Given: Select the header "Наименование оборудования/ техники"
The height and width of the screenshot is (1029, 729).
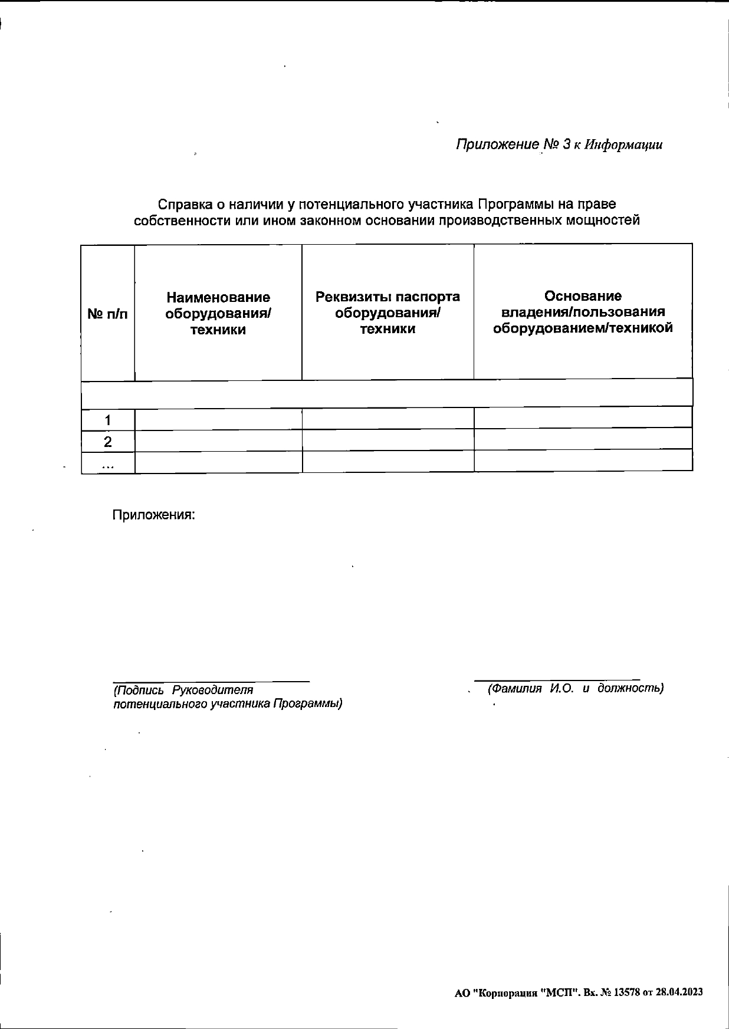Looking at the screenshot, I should click(218, 313).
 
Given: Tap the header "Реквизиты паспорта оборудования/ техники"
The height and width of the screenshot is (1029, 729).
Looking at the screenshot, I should click(388, 312).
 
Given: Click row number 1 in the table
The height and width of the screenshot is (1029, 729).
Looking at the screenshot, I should click(107, 420).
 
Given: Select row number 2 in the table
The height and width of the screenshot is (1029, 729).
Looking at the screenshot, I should click(107, 442).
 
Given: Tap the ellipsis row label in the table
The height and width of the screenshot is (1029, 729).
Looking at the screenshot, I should click(107, 464).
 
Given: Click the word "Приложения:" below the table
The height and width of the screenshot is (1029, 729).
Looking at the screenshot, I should click(153, 515).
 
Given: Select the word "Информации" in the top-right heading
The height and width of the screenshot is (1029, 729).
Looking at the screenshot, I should click(623, 145).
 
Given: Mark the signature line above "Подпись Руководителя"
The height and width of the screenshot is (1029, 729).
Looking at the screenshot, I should click(211, 682).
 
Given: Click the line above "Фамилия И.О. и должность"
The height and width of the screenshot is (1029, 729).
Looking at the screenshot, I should click(557, 680).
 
